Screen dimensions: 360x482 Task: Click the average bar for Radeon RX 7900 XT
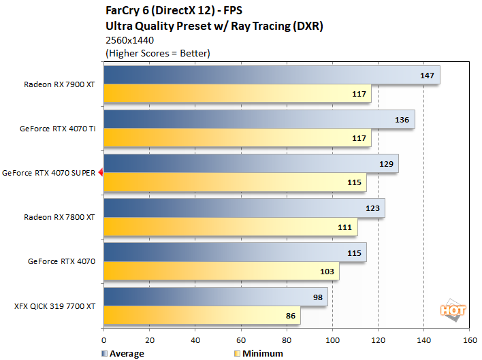click(x=272, y=75)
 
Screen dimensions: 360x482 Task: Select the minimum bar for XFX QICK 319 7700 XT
click(x=202, y=316)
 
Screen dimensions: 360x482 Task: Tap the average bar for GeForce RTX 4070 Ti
click(x=259, y=119)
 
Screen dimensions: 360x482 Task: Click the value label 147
click(x=427, y=76)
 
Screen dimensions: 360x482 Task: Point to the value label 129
click(x=386, y=164)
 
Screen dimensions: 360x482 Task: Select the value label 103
click(x=327, y=272)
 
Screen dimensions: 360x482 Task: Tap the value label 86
click(x=289, y=316)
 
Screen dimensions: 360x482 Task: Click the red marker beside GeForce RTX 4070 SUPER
click(x=101, y=173)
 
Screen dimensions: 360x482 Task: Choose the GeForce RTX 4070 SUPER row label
click(x=49, y=173)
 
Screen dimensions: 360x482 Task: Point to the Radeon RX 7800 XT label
click(x=59, y=217)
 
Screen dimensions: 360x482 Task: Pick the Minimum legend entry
click(x=259, y=353)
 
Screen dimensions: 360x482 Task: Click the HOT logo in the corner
click(x=453, y=310)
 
